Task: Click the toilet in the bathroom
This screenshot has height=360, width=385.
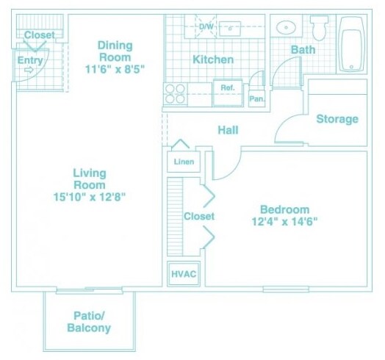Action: coord(319,28)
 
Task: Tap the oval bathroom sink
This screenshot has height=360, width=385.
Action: coord(286,27)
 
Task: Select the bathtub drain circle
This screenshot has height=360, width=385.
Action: coord(351,67)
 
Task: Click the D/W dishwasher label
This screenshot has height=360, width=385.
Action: coord(206,26)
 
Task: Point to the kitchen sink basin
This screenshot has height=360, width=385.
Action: coord(230,29)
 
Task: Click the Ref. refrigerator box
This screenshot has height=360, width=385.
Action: coord(228,93)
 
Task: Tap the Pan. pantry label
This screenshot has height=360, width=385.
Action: coord(257,98)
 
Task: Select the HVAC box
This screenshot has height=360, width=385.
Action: coord(184,274)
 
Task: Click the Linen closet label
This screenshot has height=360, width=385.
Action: coord(184,162)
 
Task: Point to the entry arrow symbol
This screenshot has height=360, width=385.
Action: coord(29,70)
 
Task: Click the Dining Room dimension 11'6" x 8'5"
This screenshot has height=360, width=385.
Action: coord(115,69)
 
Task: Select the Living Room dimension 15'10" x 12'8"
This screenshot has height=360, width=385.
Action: coord(90,197)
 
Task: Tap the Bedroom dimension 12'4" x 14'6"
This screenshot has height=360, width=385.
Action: coord(285,222)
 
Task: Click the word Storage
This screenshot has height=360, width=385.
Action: coord(337,119)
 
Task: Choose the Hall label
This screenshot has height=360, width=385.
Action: coord(228,130)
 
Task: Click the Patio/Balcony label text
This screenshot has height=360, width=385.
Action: coord(89,322)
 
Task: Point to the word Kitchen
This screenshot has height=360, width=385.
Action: coord(213,60)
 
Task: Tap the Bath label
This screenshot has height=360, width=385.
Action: coord(303,50)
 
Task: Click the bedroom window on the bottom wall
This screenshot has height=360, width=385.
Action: coord(286,289)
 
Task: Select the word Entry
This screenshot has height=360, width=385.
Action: coord(30,60)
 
